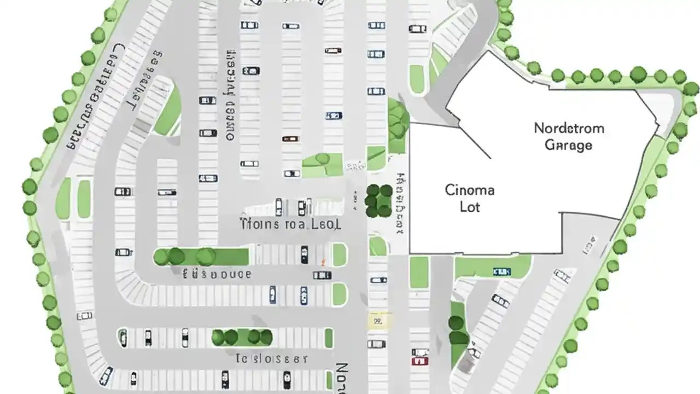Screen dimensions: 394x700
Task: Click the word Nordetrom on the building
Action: (569, 129)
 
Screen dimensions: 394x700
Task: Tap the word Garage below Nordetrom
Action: (569, 145)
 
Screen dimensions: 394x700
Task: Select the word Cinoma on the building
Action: (470, 190)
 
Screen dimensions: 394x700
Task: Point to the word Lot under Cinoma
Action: (470, 207)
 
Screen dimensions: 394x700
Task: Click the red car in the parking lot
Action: (419, 361)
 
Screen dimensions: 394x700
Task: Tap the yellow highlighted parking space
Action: (377, 320)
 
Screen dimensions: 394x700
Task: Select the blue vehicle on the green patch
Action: (501, 271)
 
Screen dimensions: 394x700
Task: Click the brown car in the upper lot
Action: (290, 138)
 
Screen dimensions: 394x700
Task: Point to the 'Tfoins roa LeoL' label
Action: (290, 224)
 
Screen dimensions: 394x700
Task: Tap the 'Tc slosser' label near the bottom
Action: (271, 359)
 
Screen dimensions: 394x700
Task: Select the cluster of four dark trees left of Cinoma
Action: (379, 200)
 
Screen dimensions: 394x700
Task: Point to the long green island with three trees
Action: (200, 256)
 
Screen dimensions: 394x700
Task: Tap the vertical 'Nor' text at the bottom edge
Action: (340, 378)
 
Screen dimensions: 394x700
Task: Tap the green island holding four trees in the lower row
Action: (242, 337)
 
